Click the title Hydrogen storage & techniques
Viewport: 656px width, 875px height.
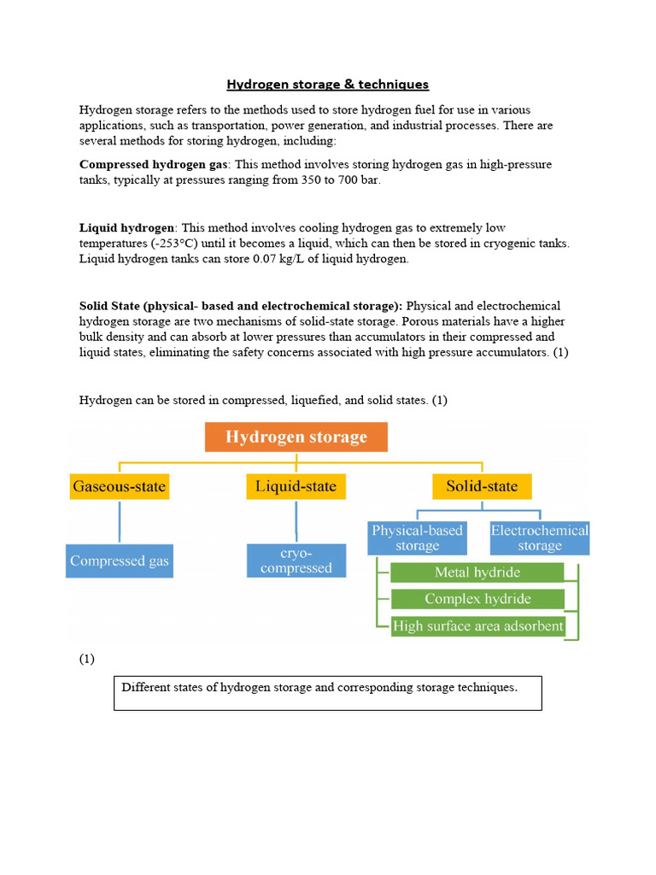327,84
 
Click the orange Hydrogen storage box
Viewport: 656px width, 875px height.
296,437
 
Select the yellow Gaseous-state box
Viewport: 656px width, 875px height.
120,487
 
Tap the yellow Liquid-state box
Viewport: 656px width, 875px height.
296,487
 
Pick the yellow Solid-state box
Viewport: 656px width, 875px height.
482,487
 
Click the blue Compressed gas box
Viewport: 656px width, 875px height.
120,561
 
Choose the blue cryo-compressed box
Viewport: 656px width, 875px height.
296,561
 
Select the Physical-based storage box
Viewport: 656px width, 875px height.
417,538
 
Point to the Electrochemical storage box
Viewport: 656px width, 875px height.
539,538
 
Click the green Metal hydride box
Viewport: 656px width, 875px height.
477,573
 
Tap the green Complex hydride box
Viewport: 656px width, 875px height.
477,599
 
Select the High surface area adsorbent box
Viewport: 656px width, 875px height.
477,626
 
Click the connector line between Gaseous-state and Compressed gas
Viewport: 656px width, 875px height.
120,521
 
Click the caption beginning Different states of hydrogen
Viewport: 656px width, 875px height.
319,687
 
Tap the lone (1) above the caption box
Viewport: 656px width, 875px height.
87,659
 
